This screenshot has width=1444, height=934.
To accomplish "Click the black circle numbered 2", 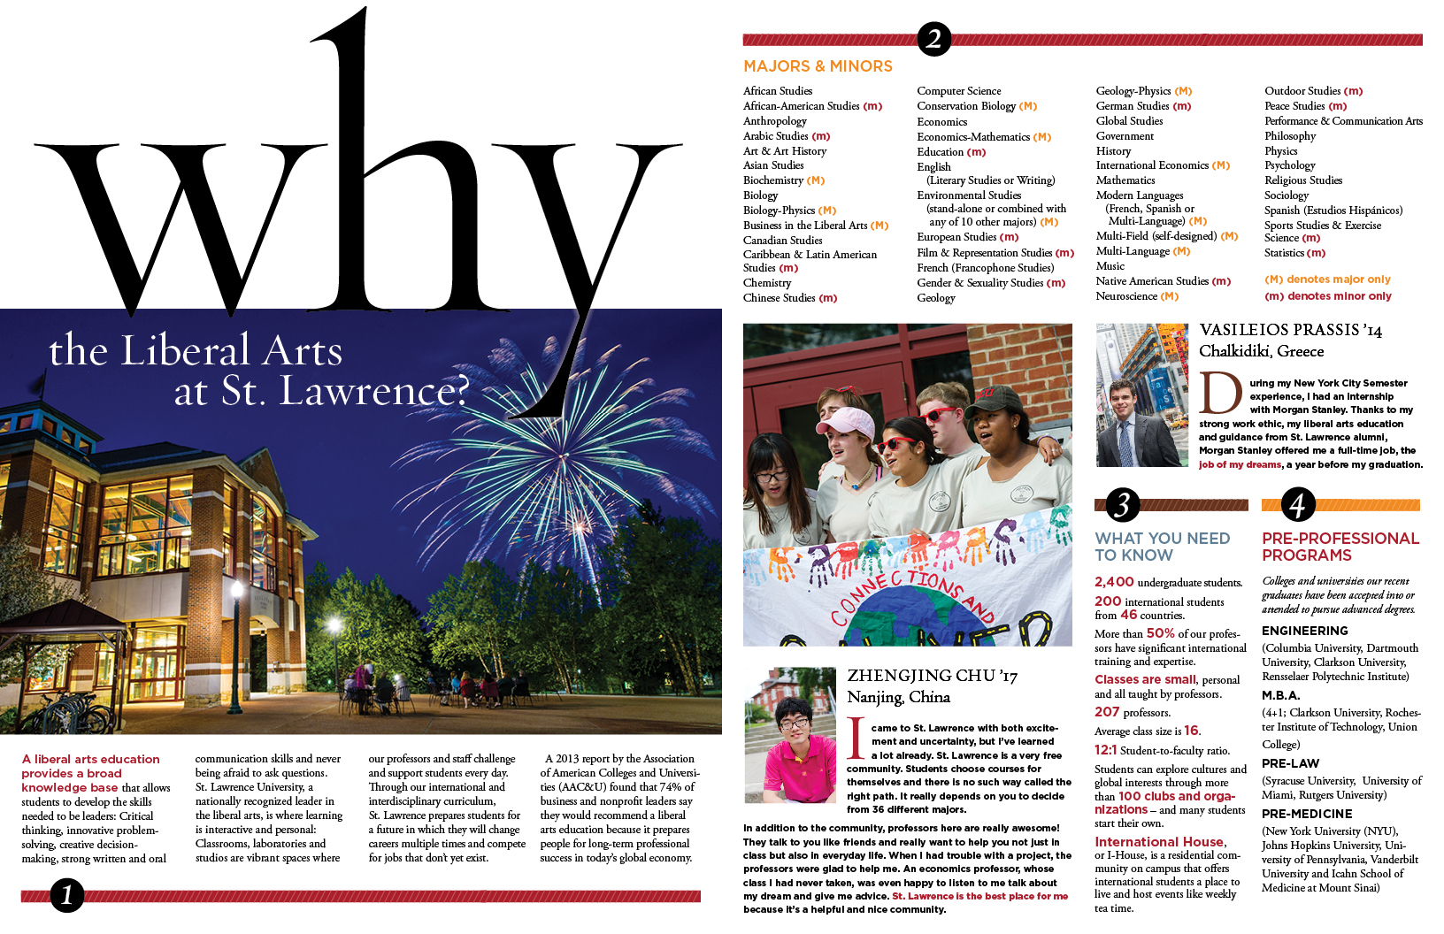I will tap(933, 39).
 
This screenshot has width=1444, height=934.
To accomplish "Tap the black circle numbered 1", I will tap(67, 895).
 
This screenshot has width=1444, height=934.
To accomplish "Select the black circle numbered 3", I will tap(1122, 504).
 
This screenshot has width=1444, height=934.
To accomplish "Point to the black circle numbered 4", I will tap(1297, 504).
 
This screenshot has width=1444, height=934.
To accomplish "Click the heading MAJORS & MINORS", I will tap(818, 66).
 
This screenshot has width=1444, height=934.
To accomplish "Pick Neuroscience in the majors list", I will tap(1126, 296).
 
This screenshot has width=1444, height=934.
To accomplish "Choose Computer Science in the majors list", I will tap(959, 91).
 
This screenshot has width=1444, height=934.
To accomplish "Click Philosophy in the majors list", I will tap(1290, 136).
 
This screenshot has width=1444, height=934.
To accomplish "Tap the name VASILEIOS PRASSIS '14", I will tap(1290, 331).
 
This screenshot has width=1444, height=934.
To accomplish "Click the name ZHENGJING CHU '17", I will tap(932, 677).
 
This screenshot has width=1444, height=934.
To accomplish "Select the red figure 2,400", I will tap(1114, 582).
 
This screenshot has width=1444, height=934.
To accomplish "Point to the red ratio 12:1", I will tap(1105, 750).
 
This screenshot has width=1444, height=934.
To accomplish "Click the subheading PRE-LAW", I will tap(1290, 763).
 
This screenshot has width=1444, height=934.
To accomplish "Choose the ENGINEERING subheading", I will tap(1304, 631).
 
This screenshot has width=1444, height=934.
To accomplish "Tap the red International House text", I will tap(1159, 842).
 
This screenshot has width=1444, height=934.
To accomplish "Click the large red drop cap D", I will tap(1221, 394).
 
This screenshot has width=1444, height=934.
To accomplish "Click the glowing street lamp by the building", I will tap(236, 590).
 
